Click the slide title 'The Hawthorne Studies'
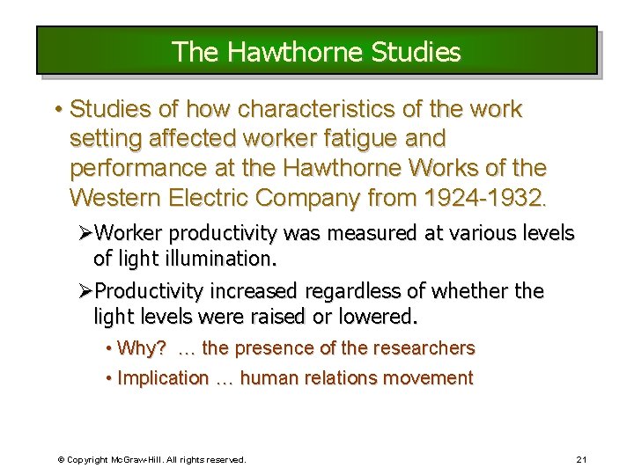316,52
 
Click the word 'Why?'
142,348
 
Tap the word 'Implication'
163,378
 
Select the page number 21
581,459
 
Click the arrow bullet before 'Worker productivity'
85,233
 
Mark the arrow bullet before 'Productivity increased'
85,291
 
